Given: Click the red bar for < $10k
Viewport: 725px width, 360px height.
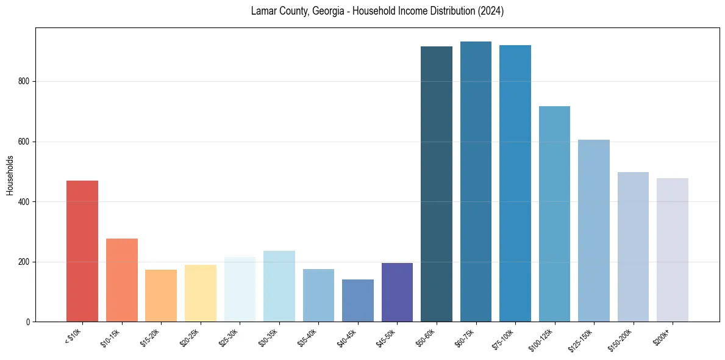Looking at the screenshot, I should click(x=82, y=251).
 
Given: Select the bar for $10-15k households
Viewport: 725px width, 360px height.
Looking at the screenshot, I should click(x=121, y=280).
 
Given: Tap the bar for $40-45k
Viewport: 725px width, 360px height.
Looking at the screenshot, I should click(x=358, y=300).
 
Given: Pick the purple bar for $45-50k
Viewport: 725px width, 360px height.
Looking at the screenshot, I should click(x=397, y=292).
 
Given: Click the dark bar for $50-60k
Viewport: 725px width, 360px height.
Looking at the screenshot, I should click(x=437, y=184).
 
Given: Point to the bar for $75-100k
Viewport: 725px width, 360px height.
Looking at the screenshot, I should click(x=515, y=183).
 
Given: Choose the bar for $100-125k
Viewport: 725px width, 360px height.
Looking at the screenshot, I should click(x=554, y=214).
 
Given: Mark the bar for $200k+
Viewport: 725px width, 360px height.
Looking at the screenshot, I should click(x=673, y=250).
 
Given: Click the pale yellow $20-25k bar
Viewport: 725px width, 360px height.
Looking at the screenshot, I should click(x=201, y=293).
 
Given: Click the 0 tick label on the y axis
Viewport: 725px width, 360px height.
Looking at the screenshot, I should click(x=30, y=322).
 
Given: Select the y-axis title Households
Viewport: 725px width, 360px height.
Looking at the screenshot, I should click(x=10, y=175).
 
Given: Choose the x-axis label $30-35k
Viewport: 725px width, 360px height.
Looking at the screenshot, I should click(x=268, y=338).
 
